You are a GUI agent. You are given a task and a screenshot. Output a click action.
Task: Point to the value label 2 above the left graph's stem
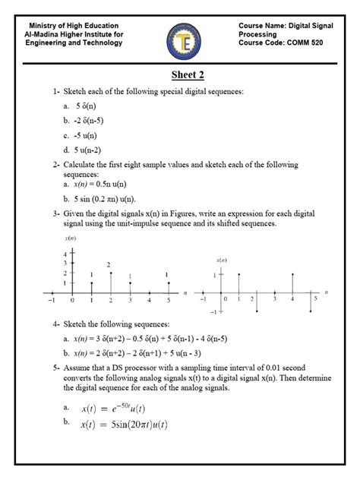coord(109,264)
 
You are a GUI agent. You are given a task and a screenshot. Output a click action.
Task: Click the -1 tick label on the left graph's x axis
coord(52,301)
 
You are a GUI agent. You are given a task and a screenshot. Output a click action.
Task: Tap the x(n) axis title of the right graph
coord(222,260)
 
